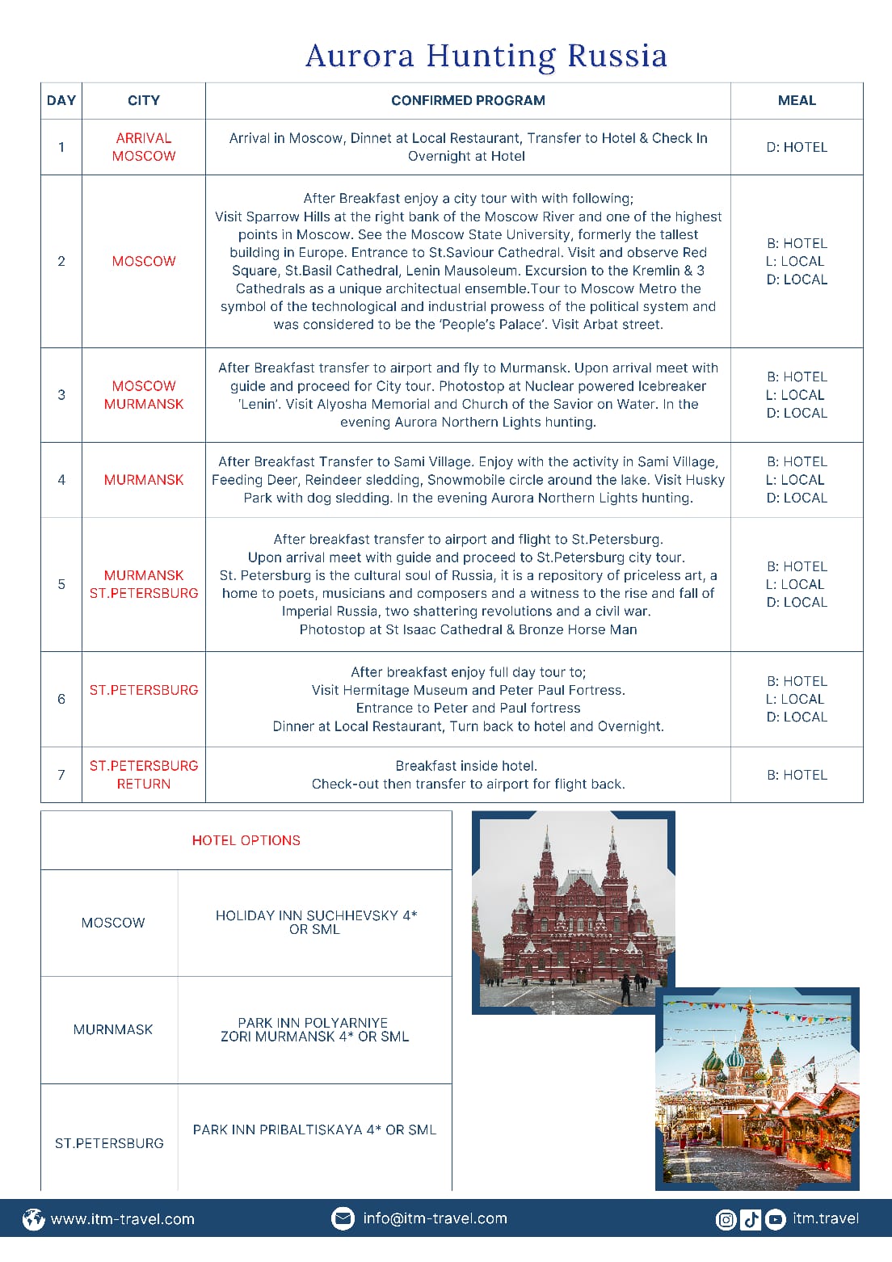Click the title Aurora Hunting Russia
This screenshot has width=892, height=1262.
[486, 56]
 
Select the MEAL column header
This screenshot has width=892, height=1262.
[797, 100]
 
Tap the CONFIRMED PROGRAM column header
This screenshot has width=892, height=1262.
[468, 100]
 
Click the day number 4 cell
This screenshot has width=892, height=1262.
[61, 480]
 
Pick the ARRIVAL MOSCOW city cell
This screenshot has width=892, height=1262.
[144, 147]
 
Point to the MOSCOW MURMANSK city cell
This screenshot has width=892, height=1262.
[144, 395]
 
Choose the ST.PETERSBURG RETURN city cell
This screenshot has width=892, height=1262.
[144, 775]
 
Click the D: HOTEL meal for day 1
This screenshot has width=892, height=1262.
[797, 147]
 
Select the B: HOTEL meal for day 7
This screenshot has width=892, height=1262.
[797, 775]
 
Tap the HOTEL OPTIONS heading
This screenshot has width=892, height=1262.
[246, 840]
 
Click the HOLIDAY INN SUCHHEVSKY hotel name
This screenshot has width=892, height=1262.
[316, 922]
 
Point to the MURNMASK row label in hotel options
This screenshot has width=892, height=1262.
[113, 1029]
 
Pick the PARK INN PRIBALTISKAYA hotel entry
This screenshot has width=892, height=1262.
[314, 1129]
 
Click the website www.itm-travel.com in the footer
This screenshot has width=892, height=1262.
[123, 1219]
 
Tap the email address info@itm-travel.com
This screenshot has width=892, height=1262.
[435, 1218]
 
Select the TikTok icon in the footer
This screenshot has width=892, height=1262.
[751, 1219]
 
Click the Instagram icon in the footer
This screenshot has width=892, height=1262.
[726, 1219]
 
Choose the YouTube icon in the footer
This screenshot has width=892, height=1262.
[775, 1219]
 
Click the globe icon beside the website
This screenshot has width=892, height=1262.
[33, 1219]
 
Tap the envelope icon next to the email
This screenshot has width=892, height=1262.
[343, 1218]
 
